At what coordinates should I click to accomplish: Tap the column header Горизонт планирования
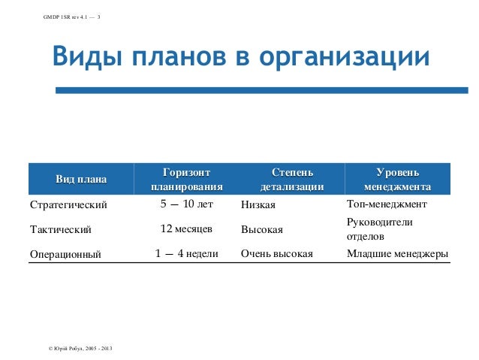click(187, 180)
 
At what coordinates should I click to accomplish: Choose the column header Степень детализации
click(292, 180)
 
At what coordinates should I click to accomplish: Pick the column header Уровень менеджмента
click(397, 180)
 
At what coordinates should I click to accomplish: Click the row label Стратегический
click(68, 204)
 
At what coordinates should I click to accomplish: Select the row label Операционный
click(65, 254)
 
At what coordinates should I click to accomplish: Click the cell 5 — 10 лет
click(187, 204)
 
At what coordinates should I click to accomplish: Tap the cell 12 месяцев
click(187, 228)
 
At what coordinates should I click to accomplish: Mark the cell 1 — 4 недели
click(187, 253)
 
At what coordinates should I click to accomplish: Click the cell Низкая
click(258, 204)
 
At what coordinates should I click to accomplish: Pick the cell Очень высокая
click(276, 254)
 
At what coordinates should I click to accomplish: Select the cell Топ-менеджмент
click(387, 204)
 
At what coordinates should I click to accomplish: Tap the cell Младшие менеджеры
click(397, 254)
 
